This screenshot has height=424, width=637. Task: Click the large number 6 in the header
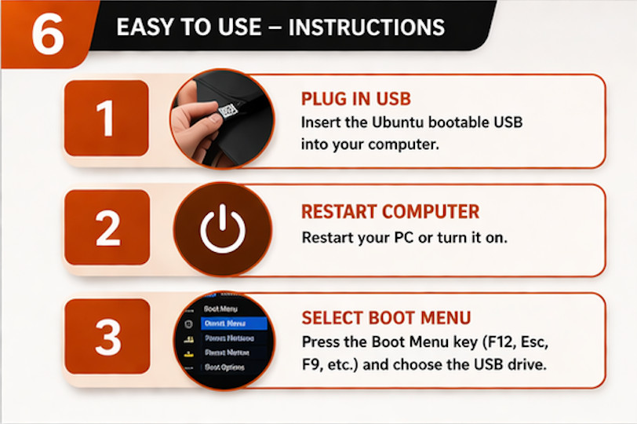[47, 34]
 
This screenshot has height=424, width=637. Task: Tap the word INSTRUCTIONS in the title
[366, 27]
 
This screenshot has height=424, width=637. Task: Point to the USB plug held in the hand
[226, 111]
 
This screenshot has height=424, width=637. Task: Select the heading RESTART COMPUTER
[390, 212]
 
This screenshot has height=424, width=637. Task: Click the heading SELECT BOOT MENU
[386, 318]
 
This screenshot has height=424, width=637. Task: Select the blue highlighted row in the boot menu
[234, 323]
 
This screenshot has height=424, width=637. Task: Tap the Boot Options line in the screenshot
[225, 367]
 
